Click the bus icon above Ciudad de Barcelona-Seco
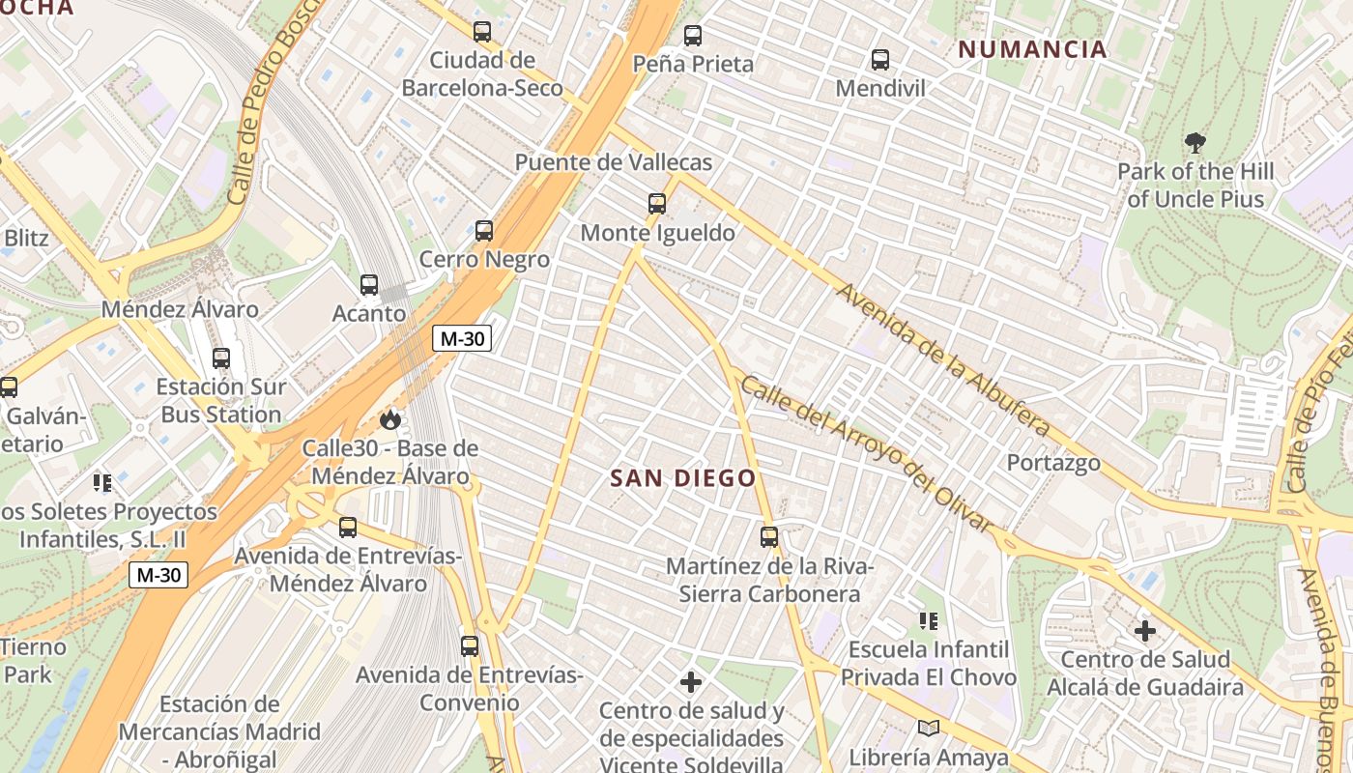pos(482,31)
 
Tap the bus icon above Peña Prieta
pos(692,36)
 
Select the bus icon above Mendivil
pos(879,60)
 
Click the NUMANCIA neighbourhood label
pos(1032,49)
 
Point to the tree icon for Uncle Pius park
pos(1195,143)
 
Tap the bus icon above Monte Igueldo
pos(657,203)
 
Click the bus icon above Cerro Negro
pos(484,230)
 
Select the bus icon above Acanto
pos(369,284)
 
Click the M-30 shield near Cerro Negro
pos(462,338)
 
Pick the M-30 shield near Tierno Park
pos(158,575)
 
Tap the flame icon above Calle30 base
pos(389,418)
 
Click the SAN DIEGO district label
pos(682,478)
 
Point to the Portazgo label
pos(1053,463)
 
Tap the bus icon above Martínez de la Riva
pos(768,536)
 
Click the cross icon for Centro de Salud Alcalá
pos(1145,631)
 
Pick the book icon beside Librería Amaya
pos(928,729)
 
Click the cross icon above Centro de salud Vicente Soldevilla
pos(691,682)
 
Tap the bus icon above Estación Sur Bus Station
pos(221,358)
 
